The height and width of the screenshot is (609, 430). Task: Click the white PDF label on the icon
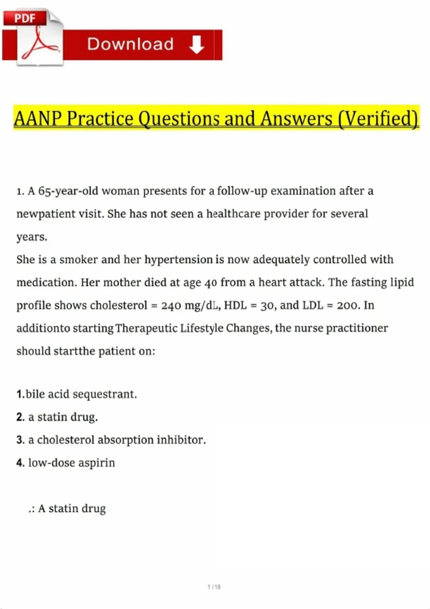(x=25, y=18)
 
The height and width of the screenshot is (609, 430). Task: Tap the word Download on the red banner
(x=130, y=44)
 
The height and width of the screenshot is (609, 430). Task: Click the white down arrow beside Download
(x=196, y=44)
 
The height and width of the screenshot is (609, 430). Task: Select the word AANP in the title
(x=38, y=119)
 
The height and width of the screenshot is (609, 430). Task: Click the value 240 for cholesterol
(x=171, y=306)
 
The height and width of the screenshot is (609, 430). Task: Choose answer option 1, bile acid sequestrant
(x=77, y=394)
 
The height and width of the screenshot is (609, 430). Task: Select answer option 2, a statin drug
(x=57, y=417)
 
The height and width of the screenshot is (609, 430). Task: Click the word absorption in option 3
(x=125, y=440)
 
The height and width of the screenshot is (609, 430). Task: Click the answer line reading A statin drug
(x=72, y=509)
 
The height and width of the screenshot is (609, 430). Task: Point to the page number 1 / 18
(x=214, y=587)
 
